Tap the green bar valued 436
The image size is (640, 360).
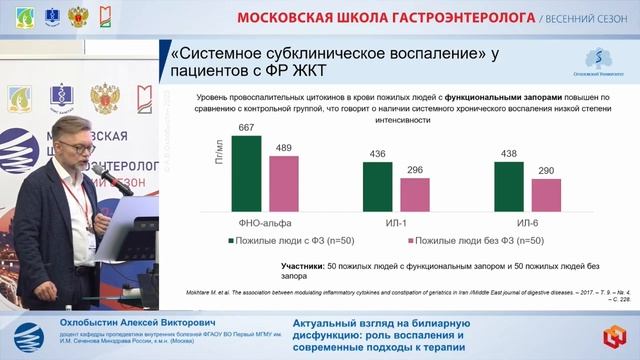point(378,186)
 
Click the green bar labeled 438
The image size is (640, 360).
point(510,186)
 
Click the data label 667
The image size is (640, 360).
point(246,128)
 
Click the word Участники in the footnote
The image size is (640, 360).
point(297,266)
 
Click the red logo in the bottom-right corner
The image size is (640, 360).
point(611,330)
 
